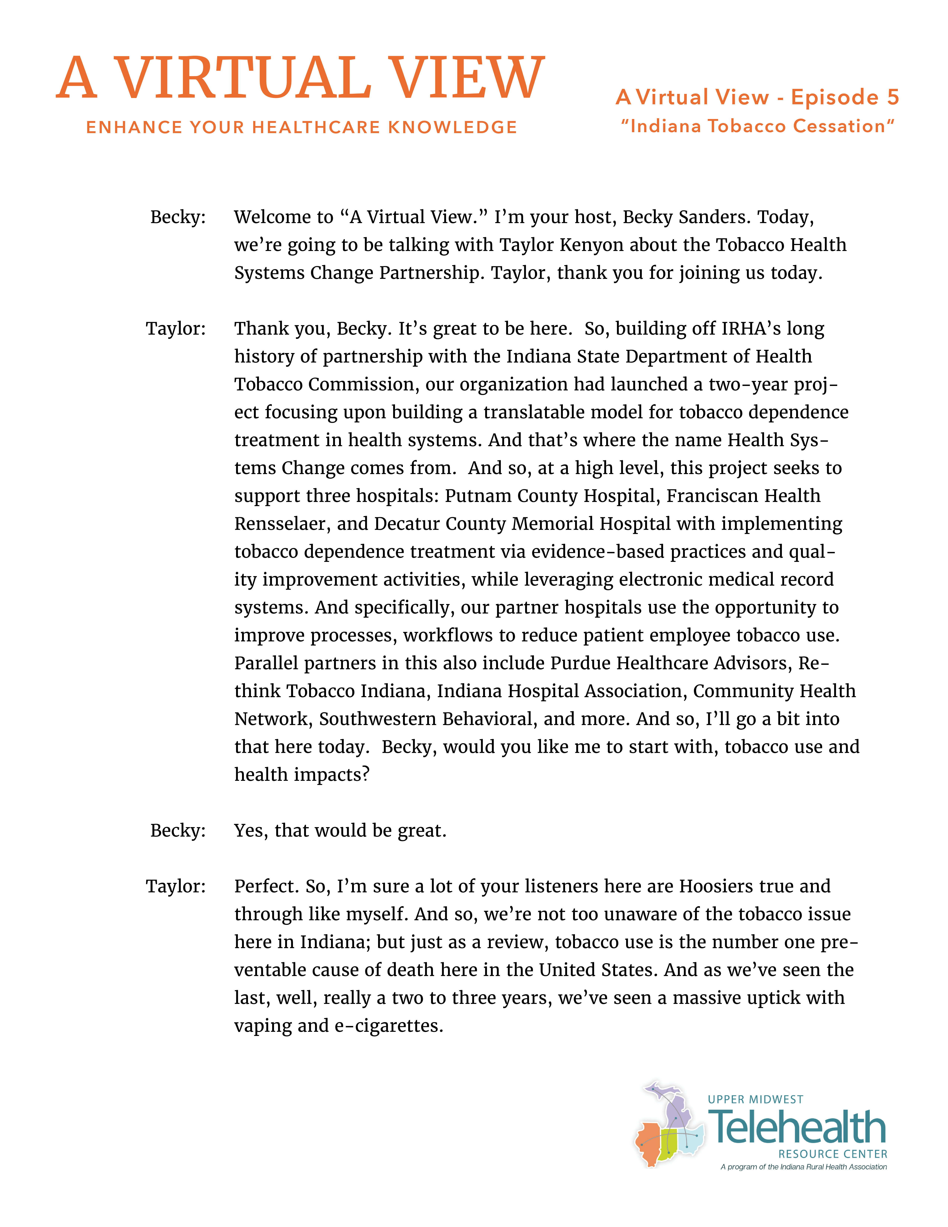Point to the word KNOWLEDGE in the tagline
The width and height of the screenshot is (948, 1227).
click(x=453, y=128)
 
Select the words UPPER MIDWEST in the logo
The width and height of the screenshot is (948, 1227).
click(x=755, y=1099)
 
